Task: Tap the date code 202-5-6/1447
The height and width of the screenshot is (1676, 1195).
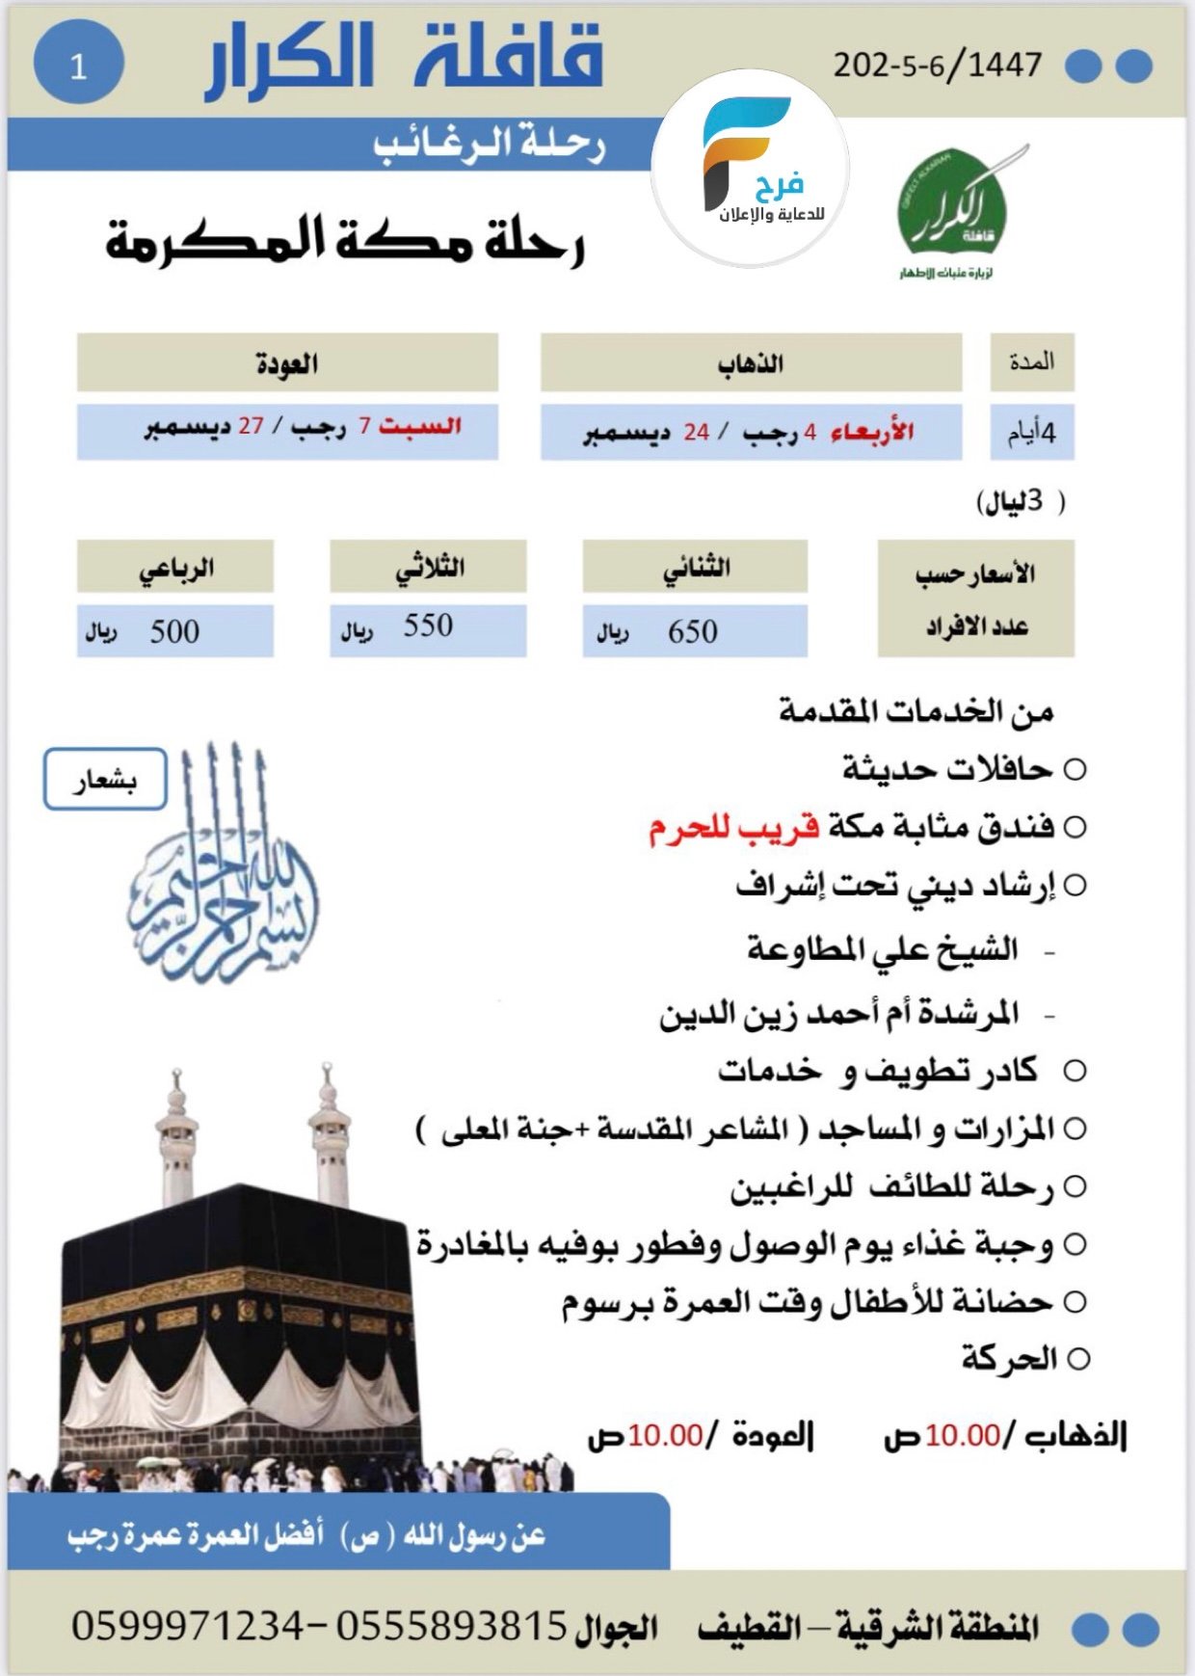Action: click(937, 66)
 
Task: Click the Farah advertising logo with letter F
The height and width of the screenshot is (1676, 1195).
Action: click(751, 166)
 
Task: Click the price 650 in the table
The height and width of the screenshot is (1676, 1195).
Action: click(693, 632)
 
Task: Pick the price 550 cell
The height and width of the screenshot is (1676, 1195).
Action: click(428, 626)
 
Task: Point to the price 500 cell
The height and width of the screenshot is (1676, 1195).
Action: click(174, 632)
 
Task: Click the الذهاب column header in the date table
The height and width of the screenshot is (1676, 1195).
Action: click(751, 363)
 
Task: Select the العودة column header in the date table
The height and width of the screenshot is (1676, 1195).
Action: click(287, 363)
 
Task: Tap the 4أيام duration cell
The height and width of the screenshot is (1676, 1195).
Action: click(1032, 433)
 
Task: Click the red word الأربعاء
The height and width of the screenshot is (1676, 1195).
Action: click(872, 432)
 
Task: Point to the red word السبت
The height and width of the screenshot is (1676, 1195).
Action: click(420, 426)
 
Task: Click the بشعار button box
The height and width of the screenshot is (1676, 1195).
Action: click(105, 779)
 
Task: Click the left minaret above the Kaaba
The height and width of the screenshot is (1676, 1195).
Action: click(175, 1137)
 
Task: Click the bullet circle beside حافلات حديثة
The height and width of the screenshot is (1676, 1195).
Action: click(1075, 770)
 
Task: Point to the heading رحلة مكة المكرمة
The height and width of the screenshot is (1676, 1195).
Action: click(345, 241)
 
